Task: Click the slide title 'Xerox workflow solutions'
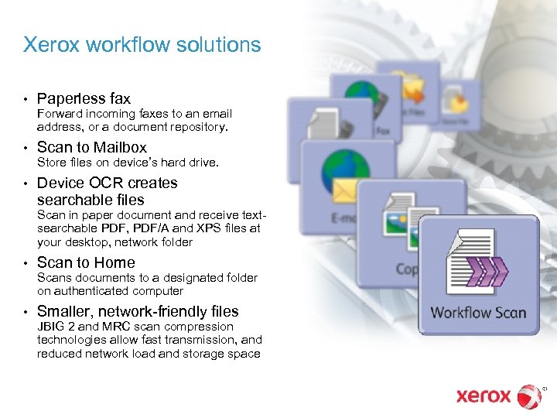click(142, 45)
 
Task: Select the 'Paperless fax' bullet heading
click(84, 99)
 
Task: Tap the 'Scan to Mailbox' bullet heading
click(91, 147)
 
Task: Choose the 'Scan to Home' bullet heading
click(86, 262)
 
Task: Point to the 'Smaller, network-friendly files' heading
click(138, 311)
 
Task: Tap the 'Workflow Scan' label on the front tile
click(477, 313)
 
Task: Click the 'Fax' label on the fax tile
click(382, 132)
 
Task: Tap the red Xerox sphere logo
click(530, 396)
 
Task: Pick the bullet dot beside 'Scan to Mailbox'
click(26, 148)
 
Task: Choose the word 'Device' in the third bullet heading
click(59, 183)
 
